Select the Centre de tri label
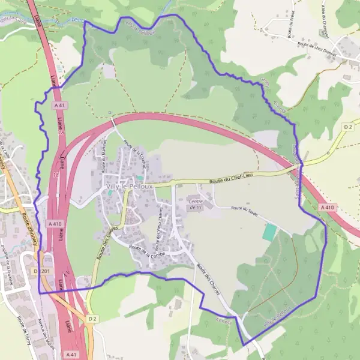tap(196, 203)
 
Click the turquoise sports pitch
tap(270, 232)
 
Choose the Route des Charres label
tap(208, 279)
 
